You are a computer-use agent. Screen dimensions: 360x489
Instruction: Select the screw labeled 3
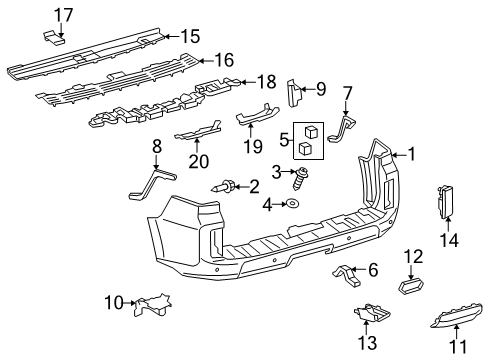pyautogui.click(x=298, y=179)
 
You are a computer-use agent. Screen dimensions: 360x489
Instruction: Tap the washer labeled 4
pyautogui.click(x=293, y=205)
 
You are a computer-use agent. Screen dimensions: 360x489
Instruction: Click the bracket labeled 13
pyautogui.click(x=371, y=314)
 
